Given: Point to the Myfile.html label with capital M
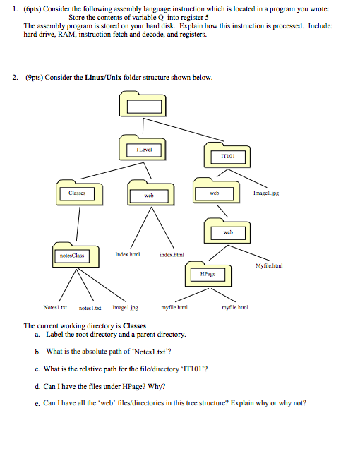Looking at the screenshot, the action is (x=270, y=265).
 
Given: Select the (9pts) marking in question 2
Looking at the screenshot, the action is (x=32, y=77).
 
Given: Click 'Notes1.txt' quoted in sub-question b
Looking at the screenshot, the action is (x=158, y=351).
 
